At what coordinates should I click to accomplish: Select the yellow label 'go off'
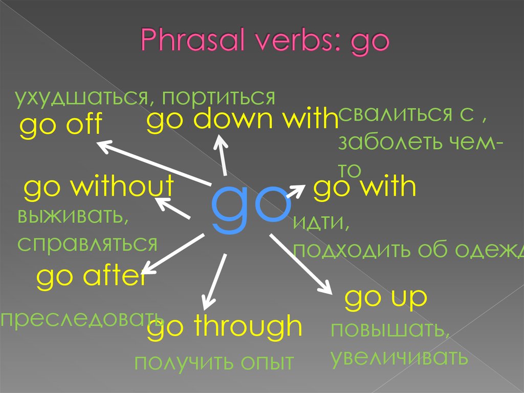[61, 125]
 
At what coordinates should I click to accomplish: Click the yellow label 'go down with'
[243, 120]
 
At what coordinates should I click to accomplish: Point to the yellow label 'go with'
[365, 188]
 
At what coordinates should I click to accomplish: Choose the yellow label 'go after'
[91, 277]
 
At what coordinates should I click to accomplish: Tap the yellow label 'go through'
[225, 326]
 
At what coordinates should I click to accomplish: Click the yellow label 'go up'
[385, 298]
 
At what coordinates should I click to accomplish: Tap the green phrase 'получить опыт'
[214, 362]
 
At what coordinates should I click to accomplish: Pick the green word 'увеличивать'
[399, 357]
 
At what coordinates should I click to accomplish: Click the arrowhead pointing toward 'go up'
[327, 287]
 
